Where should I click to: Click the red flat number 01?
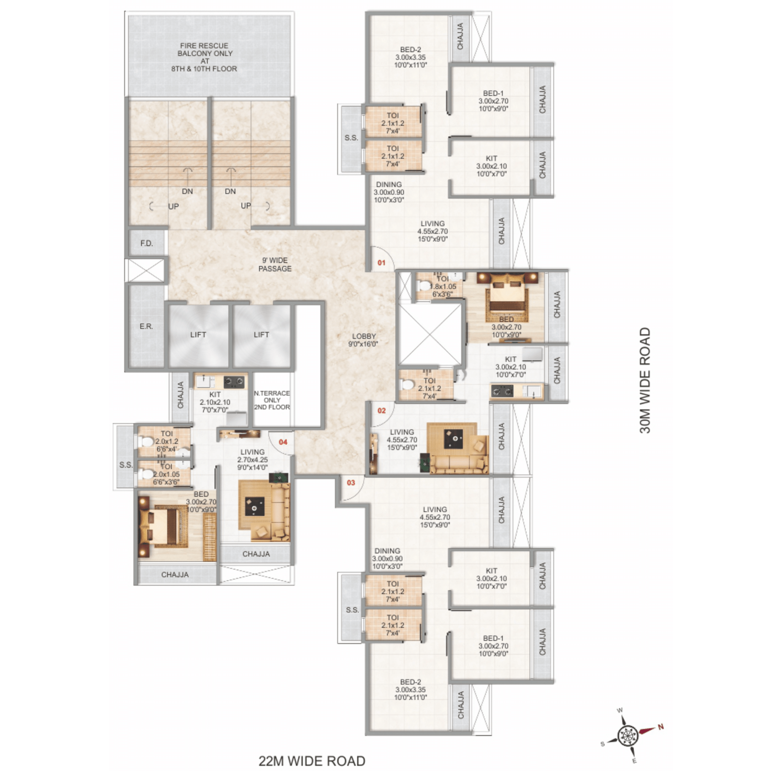pos(381,263)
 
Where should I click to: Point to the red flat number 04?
pos(283,442)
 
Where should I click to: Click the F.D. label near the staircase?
pos(146,243)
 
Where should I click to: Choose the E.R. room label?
pos(146,326)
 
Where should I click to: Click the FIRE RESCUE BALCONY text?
pos(204,49)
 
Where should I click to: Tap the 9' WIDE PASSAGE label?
pos(275,264)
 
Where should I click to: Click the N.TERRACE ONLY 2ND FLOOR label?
pos(272,400)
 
